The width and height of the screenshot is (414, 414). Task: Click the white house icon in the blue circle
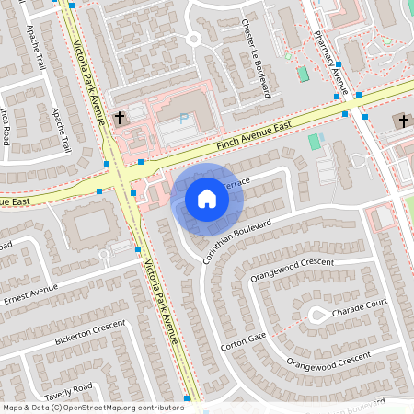coord(206,198)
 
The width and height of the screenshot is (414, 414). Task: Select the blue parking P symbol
coord(183,119)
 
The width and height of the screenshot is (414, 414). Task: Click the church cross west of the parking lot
coord(121,118)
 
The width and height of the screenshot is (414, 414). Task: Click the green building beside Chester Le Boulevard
coord(302,73)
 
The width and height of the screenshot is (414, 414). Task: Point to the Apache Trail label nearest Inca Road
coord(61,130)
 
